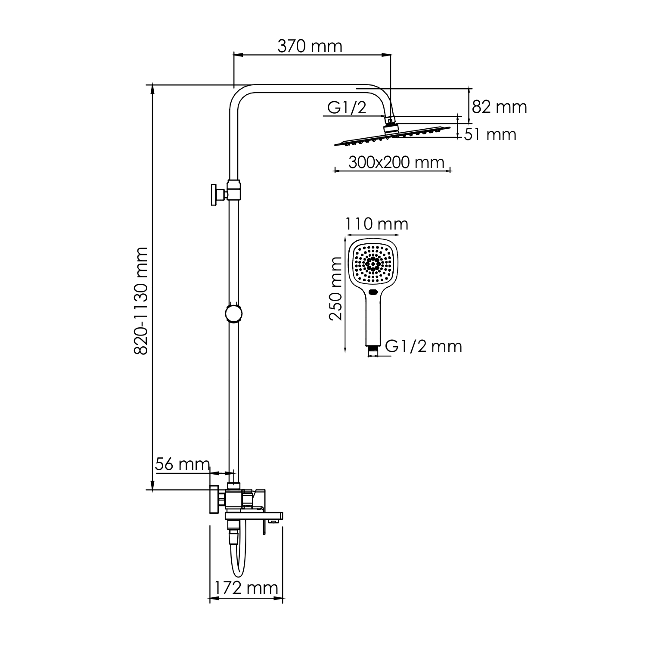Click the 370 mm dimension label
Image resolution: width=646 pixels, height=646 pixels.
(310, 46)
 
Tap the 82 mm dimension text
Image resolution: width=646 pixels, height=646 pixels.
(499, 107)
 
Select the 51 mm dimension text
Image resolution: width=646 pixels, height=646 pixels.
(490, 135)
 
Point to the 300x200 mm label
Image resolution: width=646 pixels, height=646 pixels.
(396, 162)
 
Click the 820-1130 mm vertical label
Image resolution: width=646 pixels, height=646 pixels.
(141, 301)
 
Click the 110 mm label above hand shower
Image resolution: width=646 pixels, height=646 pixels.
(376, 224)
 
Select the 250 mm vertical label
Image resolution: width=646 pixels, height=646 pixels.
(335, 289)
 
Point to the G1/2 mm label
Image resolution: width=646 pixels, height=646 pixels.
(423, 346)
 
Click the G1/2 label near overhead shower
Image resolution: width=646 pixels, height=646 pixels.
(347, 108)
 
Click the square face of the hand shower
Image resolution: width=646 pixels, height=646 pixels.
(373, 263)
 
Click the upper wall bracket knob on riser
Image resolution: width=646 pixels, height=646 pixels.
(214, 195)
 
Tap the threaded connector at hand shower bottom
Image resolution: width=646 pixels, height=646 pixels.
(373, 351)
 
